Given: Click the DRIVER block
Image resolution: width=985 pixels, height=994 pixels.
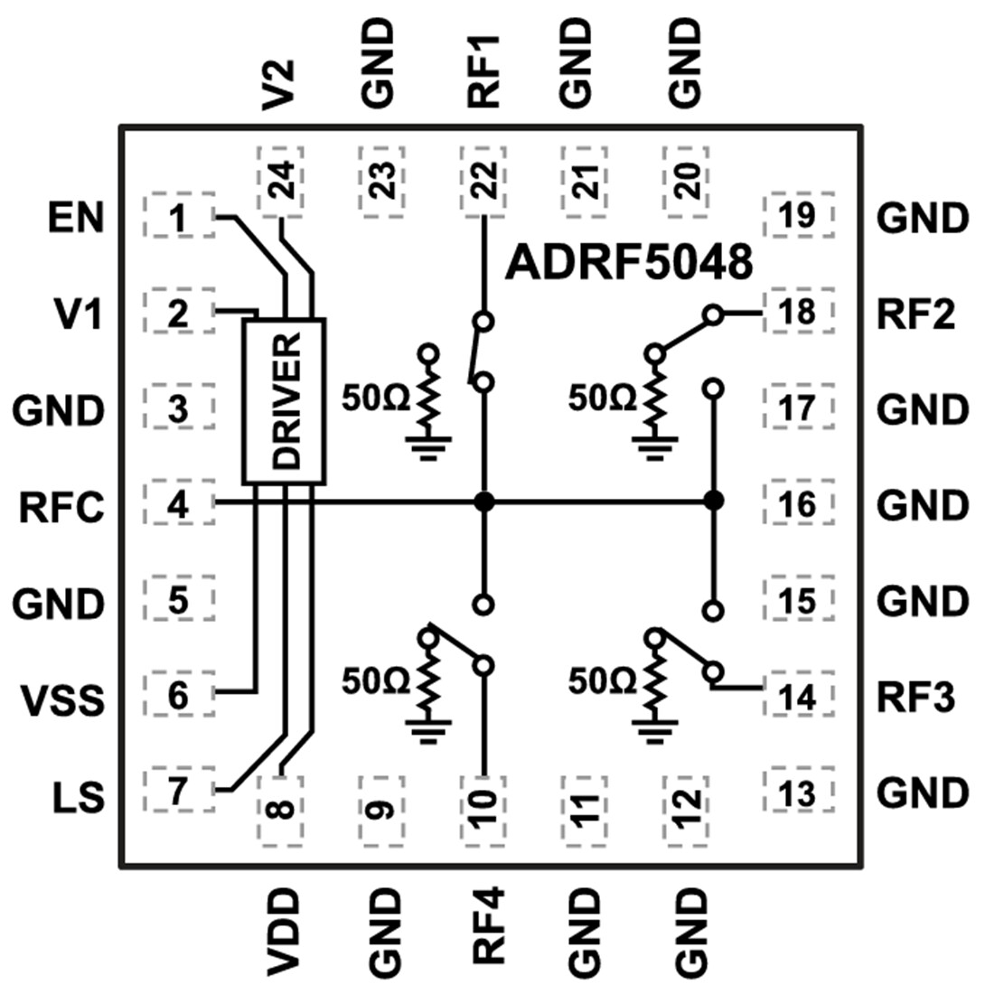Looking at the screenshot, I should pyautogui.click(x=284, y=400).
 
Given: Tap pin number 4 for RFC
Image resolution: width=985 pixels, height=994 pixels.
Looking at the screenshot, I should pyautogui.click(x=180, y=504).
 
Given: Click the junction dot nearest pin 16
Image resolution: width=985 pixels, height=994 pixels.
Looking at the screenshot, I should pyautogui.click(x=714, y=501).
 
